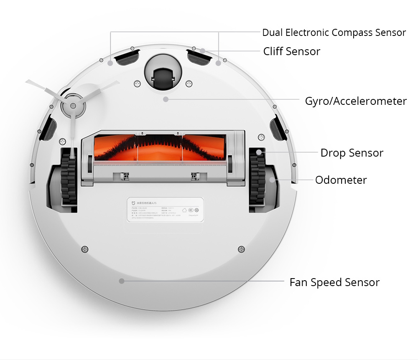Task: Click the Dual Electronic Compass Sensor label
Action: click(x=334, y=33)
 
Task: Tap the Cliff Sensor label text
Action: click(x=291, y=51)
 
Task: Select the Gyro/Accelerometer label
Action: click(x=356, y=101)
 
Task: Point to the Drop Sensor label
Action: click(x=352, y=153)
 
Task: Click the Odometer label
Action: click(x=341, y=180)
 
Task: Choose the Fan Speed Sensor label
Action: click(x=334, y=282)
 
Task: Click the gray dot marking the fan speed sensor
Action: click(x=122, y=281)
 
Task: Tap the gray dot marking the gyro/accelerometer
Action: click(x=166, y=99)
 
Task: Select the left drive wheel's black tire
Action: click(x=68, y=177)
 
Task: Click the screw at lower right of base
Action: click(x=240, y=249)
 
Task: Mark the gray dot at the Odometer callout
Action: click(x=273, y=180)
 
